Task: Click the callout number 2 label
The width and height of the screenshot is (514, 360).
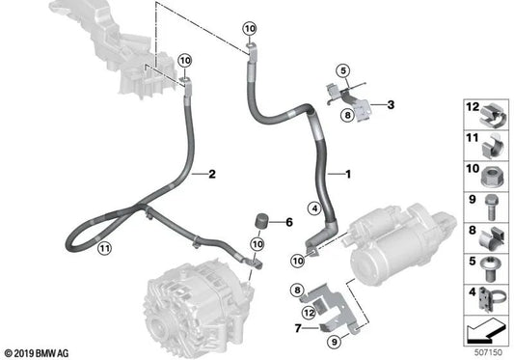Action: (x=211, y=174)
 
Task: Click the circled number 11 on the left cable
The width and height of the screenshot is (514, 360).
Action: (x=102, y=249)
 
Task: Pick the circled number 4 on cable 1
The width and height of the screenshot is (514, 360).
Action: (x=312, y=206)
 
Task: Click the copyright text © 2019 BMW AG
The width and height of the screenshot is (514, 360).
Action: (x=39, y=351)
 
